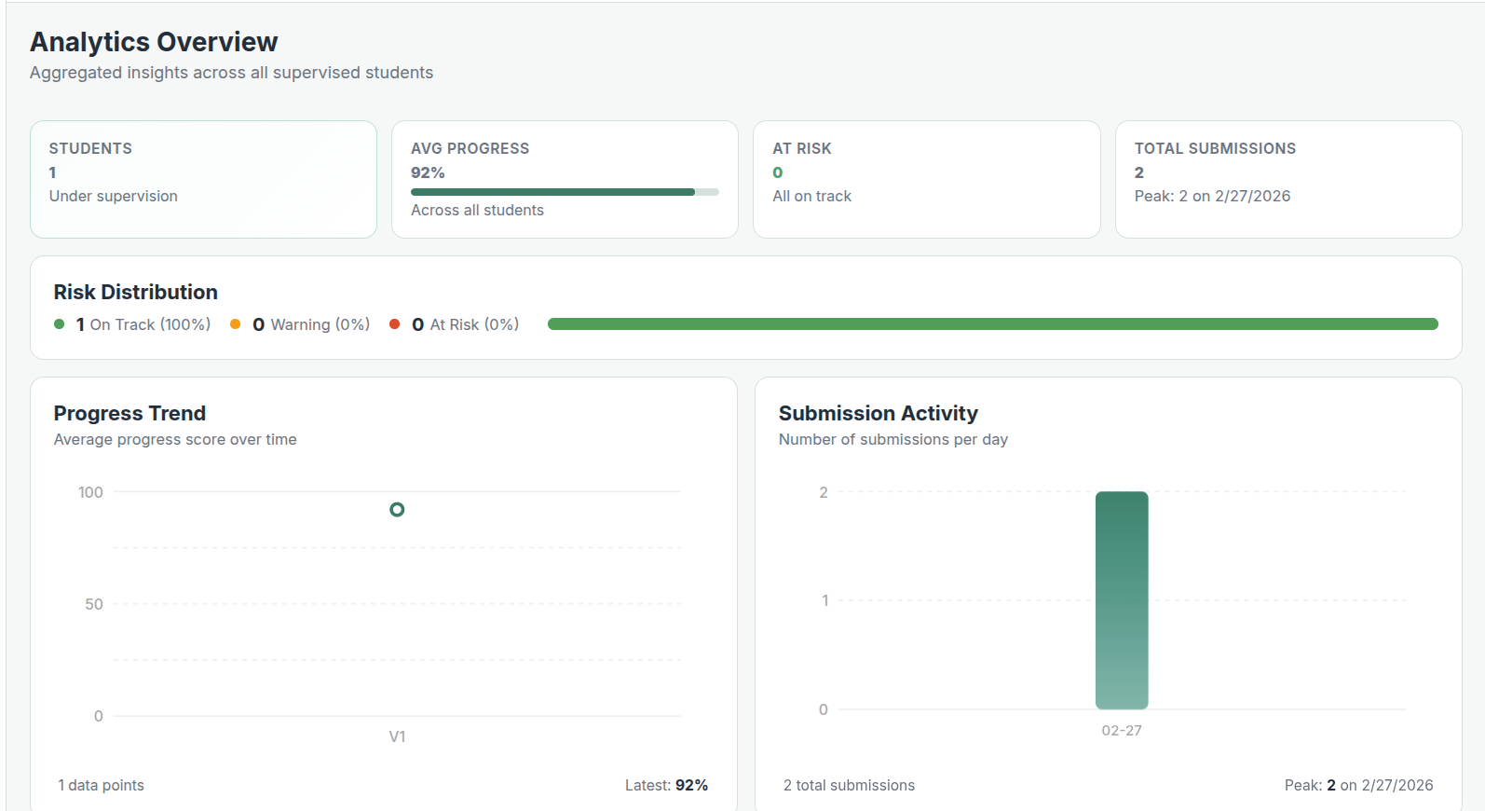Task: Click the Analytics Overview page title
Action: point(154,42)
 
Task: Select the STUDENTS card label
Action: point(90,148)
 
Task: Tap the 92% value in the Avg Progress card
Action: point(428,172)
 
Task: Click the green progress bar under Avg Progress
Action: point(552,192)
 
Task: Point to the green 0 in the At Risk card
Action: point(778,172)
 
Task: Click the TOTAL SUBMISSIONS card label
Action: point(1215,148)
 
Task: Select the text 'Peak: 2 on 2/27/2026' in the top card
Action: point(1212,196)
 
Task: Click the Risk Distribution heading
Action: point(136,292)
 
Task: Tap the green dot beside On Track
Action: point(60,324)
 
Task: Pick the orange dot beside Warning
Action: point(236,324)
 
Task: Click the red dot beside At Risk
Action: point(394,324)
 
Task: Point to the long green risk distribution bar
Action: point(992,324)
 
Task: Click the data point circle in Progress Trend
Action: point(397,510)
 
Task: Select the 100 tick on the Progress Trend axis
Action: point(90,492)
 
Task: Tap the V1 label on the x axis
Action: point(397,736)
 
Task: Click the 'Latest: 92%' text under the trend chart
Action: point(666,785)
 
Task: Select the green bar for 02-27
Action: point(1122,600)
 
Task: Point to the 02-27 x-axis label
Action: point(1122,731)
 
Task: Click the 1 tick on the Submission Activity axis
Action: point(824,600)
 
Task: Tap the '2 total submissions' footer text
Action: point(849,785)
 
